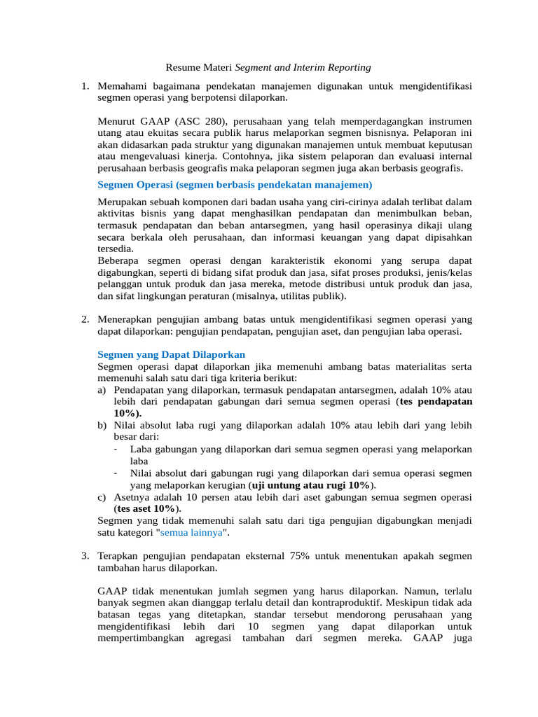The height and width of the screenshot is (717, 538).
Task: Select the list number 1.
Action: tap(84, 86)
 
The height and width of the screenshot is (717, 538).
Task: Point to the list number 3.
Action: tap(84, 555)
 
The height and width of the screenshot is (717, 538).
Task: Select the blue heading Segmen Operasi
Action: tap(135, 185)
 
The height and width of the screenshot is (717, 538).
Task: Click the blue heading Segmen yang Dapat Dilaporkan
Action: tap(171, 355)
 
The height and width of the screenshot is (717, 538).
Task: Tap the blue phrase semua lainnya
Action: tap(193, 532)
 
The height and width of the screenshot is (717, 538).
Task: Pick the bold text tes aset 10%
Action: tap(146, 508)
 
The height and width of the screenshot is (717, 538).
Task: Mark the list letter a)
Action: tap(102, 390)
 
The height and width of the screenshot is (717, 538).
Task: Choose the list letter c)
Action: tap(102, 496)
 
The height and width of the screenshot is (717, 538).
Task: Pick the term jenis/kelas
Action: tap(447, 272)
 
